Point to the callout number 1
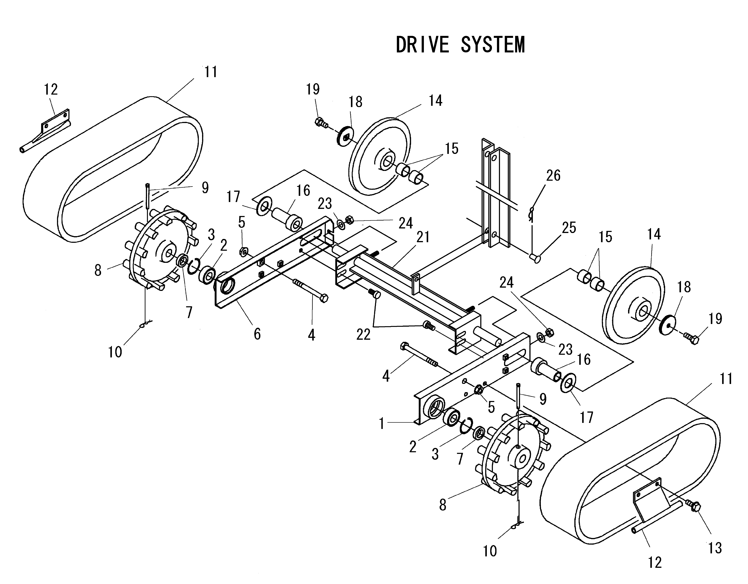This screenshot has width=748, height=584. point(382,424)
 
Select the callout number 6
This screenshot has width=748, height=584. point(257,334)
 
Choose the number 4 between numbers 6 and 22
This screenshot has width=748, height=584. point(311,335)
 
